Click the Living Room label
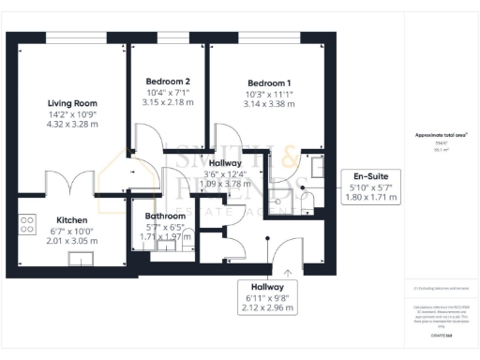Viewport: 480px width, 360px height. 72,103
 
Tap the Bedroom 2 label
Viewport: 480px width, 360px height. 169,82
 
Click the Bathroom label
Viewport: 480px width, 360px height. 165,217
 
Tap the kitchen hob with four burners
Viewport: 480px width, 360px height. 27,226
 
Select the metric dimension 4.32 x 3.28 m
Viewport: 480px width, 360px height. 72,124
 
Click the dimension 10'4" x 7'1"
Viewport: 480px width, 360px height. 169,92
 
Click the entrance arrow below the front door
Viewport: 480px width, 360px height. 287,271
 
